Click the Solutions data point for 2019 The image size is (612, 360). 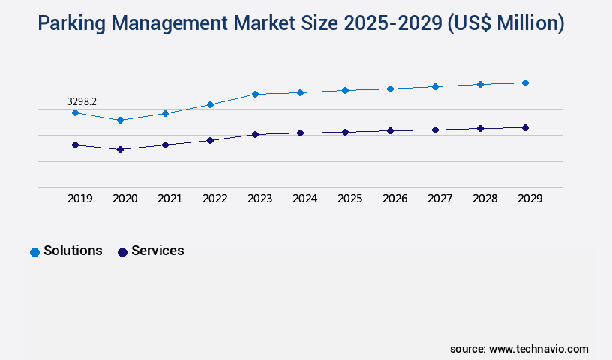[x=75, y=112]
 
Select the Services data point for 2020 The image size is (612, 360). [x=120, y=149]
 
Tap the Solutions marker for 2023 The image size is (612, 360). [x=255, y=94]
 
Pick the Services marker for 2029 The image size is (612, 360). [x=525, y=127]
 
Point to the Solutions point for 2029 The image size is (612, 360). [x=525, y=82]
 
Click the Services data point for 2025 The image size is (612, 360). [x=345, y=132]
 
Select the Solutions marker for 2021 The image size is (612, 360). [x=165, y=113]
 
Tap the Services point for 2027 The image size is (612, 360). [x=435, y=130]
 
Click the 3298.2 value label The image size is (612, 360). [x=82, y=101]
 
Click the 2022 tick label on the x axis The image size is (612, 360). [x=215, y=199]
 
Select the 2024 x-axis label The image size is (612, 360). [x=305, y=199]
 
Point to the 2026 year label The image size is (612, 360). [x=395, y=199]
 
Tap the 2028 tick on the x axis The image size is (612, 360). [x=485, y=199]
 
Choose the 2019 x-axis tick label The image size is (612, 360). [x=80, y=199]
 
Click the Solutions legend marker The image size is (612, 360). [x=34, y=252]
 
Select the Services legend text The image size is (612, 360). [x=157, y=250]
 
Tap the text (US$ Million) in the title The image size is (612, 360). [x=505, y=24]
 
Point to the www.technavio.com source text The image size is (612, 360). [x=538, y=349]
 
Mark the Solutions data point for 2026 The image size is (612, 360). [x=390, y=88]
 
